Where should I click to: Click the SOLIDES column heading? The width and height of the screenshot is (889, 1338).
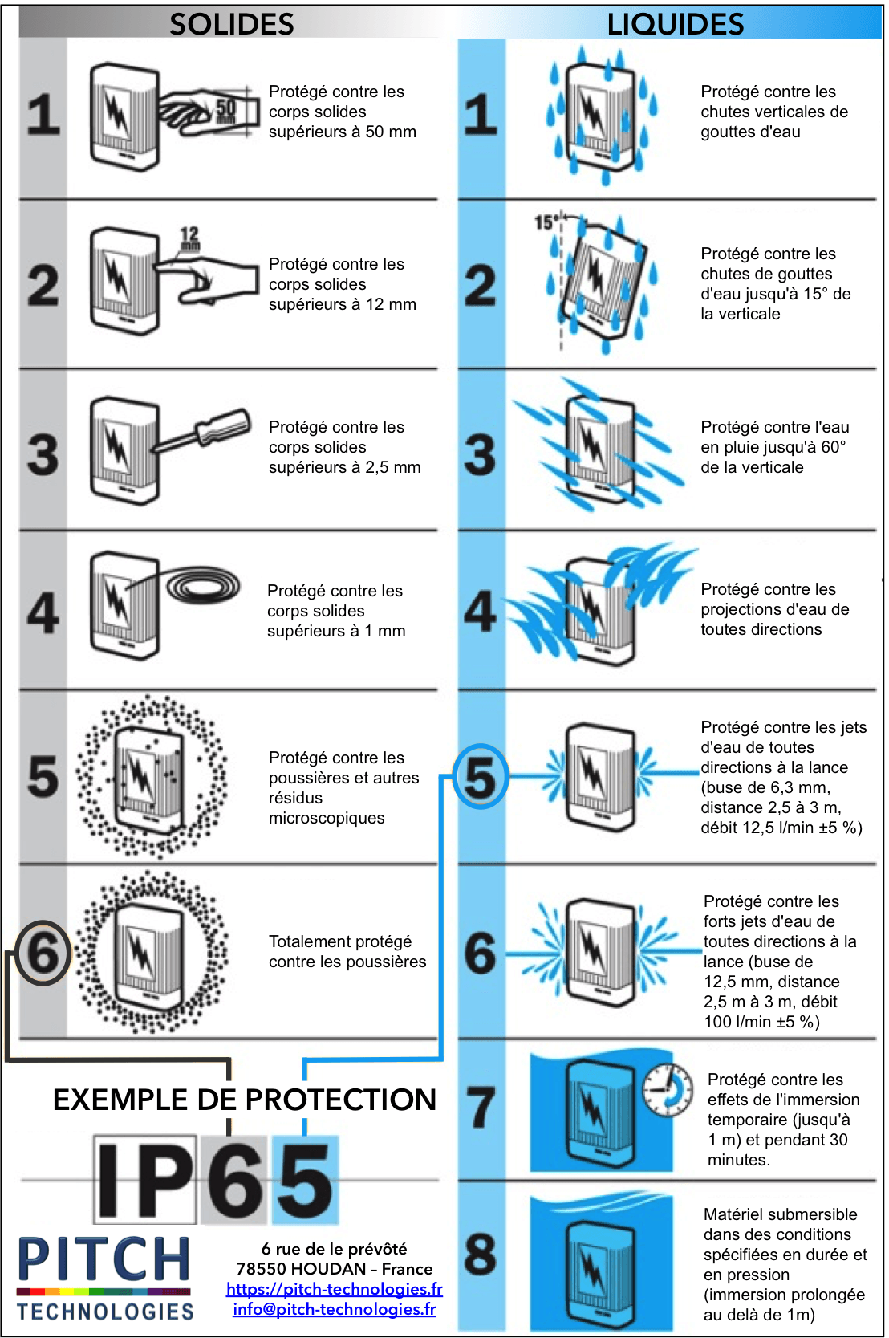point(231,24)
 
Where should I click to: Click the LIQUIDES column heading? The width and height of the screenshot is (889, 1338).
point(675,24)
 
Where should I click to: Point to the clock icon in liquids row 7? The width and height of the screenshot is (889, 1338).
point(668,1089)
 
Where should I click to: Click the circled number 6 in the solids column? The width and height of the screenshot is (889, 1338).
point(43,953)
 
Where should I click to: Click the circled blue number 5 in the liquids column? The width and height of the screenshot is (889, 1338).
point(481,776)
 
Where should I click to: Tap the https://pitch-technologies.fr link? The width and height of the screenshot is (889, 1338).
point(334,1289)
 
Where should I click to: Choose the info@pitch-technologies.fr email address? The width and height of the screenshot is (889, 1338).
point(334,1309)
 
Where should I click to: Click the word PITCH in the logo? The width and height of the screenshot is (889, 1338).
point(104,1259)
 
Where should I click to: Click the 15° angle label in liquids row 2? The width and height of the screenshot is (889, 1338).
point(546,222)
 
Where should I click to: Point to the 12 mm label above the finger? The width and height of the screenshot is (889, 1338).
point(189,238)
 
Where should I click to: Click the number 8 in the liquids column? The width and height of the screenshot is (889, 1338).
point(480,1254)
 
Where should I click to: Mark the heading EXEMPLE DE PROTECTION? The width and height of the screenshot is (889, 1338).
point(244,1100)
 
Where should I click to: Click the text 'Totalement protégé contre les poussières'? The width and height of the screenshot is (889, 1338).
point(347,951)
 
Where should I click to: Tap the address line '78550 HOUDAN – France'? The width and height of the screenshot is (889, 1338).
point(334,1269)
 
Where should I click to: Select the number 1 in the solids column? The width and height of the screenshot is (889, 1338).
point(43,114)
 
